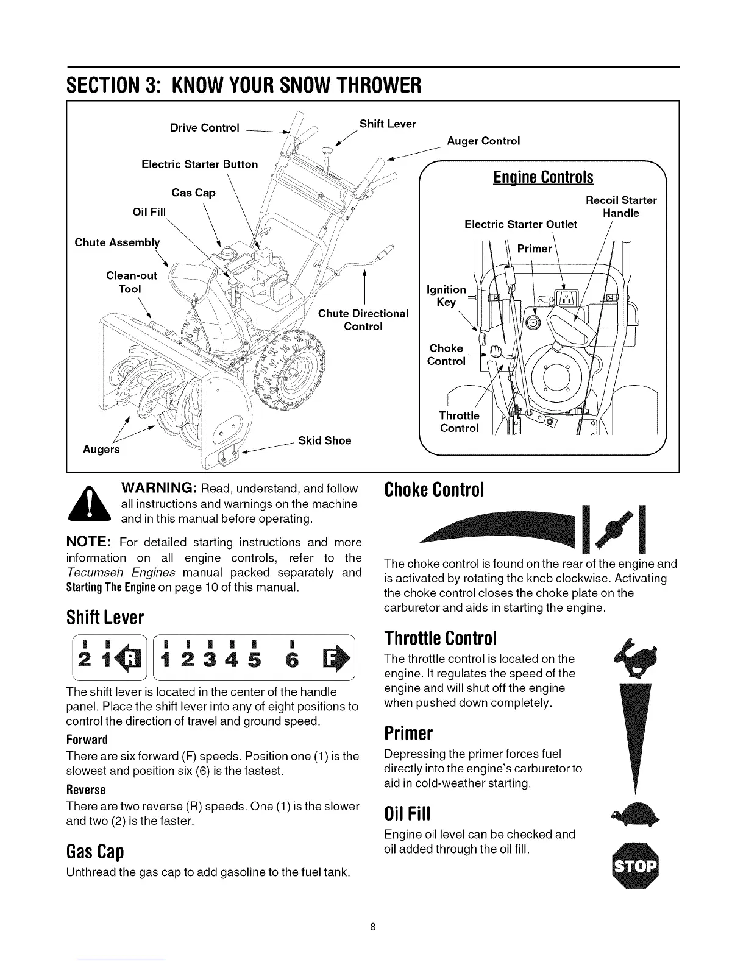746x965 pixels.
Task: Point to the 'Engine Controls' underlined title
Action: [x=542, y=177]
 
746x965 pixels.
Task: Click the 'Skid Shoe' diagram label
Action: [x=324, y=440]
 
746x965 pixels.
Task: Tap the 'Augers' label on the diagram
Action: [x=102, y=450]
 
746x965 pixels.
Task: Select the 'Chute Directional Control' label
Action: [x=363, y=320]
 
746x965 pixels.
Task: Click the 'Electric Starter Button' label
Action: [x=199, y=164]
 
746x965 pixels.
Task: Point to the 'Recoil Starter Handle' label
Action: [x=621, y=207]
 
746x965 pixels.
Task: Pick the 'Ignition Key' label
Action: [x=447, y=296]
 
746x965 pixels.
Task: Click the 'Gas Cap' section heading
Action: [x=94, y=850]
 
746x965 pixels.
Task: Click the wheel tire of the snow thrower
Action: [x=293, y=378]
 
